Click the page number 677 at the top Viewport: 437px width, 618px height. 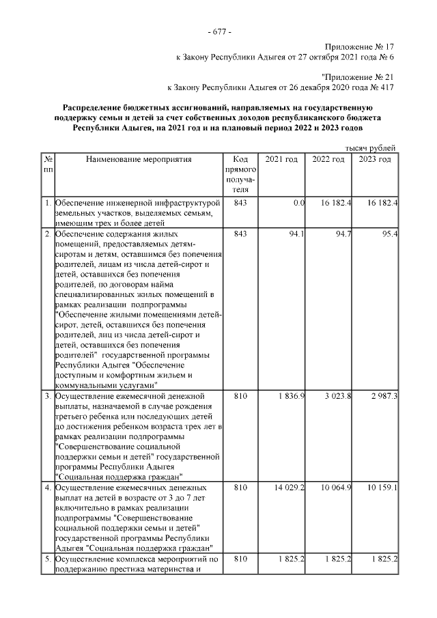coord(218,32)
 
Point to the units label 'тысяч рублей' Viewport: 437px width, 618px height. coord(370,148)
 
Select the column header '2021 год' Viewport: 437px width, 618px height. coord(281,159)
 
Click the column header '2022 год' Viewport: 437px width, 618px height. coord(328,159)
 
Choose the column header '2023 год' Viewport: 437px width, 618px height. coord(375,159)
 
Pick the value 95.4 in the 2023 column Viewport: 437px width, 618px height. coord(390,235)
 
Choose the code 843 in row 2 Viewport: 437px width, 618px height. coord(240,235)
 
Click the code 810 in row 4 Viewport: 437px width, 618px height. coord(240,488)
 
